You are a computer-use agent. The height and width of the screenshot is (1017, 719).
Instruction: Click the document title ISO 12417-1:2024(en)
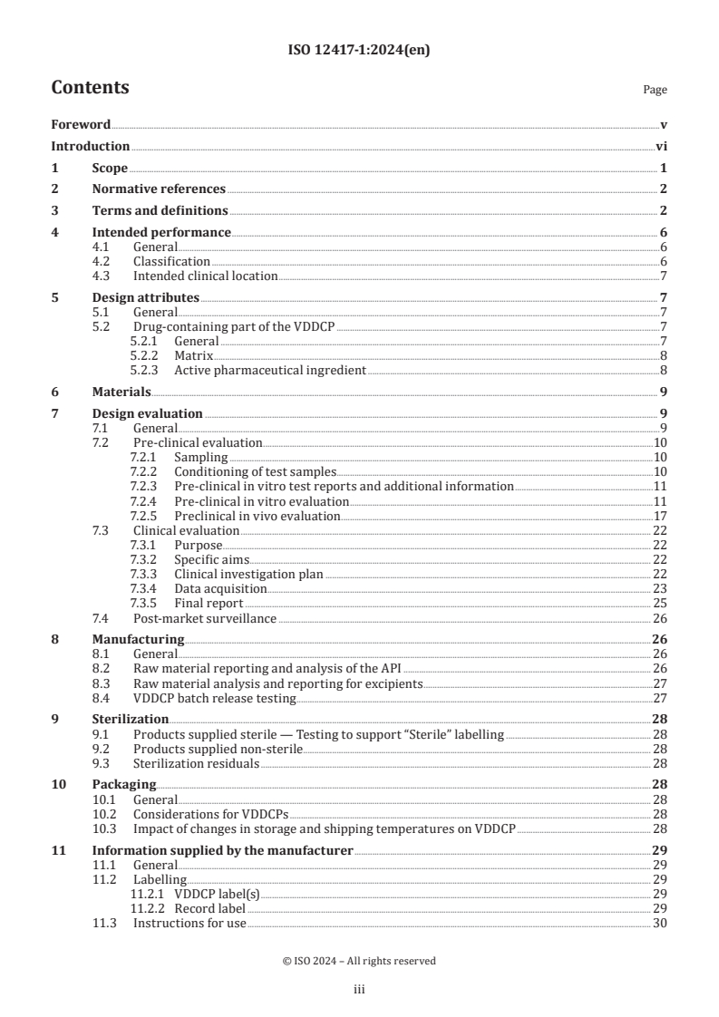pyautogui.click(x=359, y=51)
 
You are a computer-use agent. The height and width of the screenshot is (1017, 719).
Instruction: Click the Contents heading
pyautogui.click(x=90, y=88)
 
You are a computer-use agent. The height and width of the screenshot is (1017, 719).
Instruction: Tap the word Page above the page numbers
pyautogui.click(x=655, y=90)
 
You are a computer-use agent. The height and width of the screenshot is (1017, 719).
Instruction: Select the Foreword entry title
pyautogui.click(x=81, y=124)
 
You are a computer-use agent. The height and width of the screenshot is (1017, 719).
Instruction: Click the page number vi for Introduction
pyautogui.click(x=661, y=146)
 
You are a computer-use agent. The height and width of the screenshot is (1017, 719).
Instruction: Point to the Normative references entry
pyautogui.click(x=159, y=189)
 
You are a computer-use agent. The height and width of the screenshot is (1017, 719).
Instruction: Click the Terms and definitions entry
pyautogui.click(x=160, y=210)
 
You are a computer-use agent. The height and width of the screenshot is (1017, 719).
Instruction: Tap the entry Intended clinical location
pyautogui.click(x=205, y=276)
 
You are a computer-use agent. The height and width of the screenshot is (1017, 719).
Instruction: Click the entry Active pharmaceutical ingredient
pyautogui.click(x=270, y=370)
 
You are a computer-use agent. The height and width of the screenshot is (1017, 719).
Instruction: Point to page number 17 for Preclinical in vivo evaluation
pyautogui.click(x=660, y=516)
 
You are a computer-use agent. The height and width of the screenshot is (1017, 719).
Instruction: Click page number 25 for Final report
pyautogui.click(x=660, y=603)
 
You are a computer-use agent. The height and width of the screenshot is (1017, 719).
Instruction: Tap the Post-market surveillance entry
pyautogui.click(x=205, y=618)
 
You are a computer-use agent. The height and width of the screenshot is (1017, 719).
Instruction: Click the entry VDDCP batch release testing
pyautogui.click(x=214, y=698)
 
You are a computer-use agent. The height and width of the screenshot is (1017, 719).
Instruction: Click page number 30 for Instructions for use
pyautogui.click(x=660, y=923)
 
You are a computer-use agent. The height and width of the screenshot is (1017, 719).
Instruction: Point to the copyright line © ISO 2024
pyautogui.click(x=359, y=960)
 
